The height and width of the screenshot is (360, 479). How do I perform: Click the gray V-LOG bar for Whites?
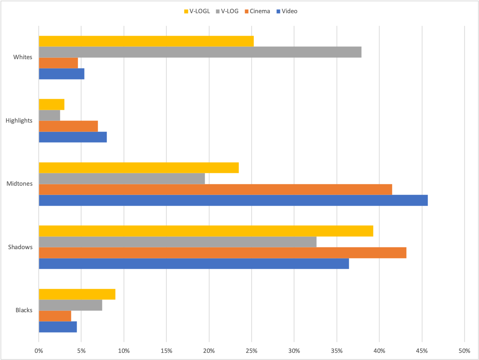[x=200, y=52]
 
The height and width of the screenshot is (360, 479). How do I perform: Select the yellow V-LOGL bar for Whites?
[x=146, y=41]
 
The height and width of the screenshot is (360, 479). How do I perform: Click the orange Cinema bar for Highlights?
[x=68, y=126]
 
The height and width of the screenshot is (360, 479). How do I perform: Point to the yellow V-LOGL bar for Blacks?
[x=77, y=294]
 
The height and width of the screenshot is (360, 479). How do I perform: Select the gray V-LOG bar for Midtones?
[x=122, y=179]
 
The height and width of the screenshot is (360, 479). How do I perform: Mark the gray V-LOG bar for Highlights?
[x=49, y=115]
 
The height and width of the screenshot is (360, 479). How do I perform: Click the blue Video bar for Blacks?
[x=58, y=327]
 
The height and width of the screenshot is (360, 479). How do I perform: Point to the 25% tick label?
[x=251, y=351]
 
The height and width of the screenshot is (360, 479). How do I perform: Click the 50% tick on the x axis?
[x=464, y=351]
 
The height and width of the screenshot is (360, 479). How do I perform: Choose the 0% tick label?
[x=39, y=351]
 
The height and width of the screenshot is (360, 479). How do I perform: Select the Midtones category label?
[x=20, y=184]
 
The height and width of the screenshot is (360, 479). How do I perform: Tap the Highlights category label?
[x=19, y=121]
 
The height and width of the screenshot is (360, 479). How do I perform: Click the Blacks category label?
[x=24, y=310]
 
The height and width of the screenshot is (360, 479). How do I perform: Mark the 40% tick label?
[x=379, y=351]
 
